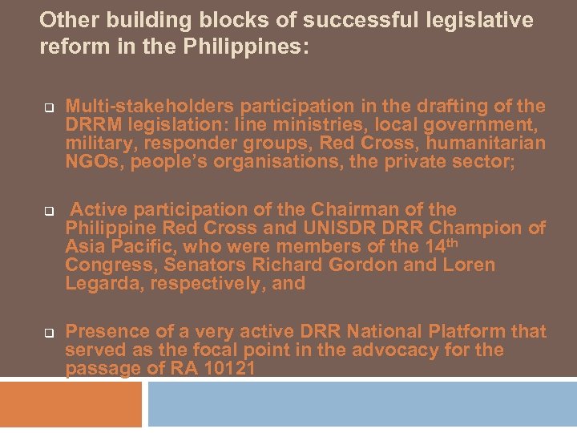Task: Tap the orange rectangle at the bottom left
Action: [71, 403]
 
